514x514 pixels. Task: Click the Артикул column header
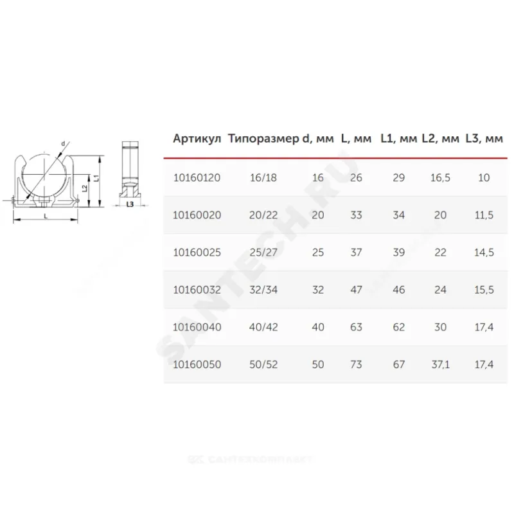pyautogui.click(x=197, y=139)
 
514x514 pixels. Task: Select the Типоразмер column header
pyautogui.click(x=263, y=139)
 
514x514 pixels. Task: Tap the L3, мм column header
pyautogui.click(x=484, y=139)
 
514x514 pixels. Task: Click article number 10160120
pyautogui.click(x=197, y=178)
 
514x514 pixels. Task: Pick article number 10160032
pyautogui.click(x=197, y=290)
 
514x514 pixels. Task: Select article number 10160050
pyautogui.click(x=197, y=364)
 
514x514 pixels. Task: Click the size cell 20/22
pyautogui.click(x=263, y=215)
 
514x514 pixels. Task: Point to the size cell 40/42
pyautogui.click(x=263, y=327)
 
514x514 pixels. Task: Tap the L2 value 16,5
pyautogui.click(x=440, y=178)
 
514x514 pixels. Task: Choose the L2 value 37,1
pyautogui.click(x=440, y=364)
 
